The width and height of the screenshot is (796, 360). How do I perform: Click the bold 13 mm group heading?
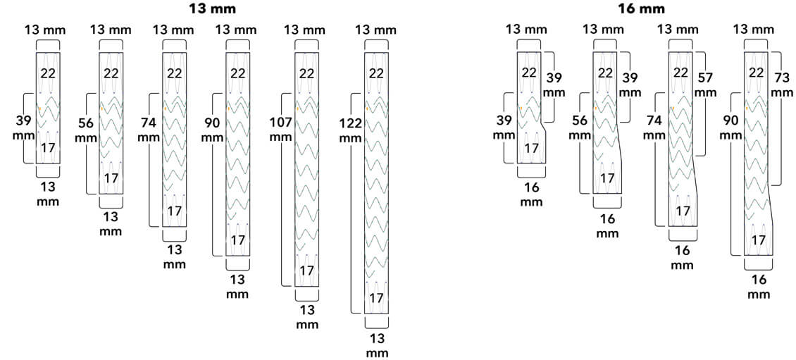pos(212,8)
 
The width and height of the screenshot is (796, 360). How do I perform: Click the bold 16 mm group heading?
pos(641,8)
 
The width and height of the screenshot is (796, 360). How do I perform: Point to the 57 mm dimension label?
pos(705,85)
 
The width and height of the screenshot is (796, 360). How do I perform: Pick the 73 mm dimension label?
pos(782,85)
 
